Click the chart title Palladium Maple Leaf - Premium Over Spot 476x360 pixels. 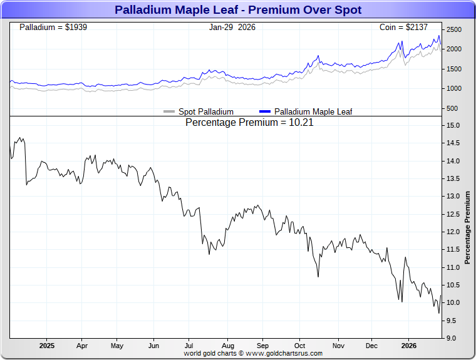click(238, 10)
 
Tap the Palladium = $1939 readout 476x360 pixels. click(58, 28)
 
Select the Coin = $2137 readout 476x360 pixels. click(408, 28)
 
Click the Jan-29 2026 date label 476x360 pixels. click(232, 28)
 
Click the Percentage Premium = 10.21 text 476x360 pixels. click(249, 123)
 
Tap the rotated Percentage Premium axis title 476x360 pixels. click(467, 227)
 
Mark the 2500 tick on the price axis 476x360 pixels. click(454, 30)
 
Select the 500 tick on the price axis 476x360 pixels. click(452, 108)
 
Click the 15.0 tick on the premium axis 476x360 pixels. click(452, 125)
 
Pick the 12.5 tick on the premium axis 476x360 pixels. click(452, 214)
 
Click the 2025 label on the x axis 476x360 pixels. click(47, 345)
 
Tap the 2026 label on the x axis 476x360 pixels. click(408, 345)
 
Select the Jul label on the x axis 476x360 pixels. click(189, 345)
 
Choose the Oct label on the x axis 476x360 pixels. click(300, 345)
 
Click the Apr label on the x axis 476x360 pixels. click(81, 345)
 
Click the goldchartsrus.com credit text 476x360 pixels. click(253, 353)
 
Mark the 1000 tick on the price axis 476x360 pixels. click(454, 88)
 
